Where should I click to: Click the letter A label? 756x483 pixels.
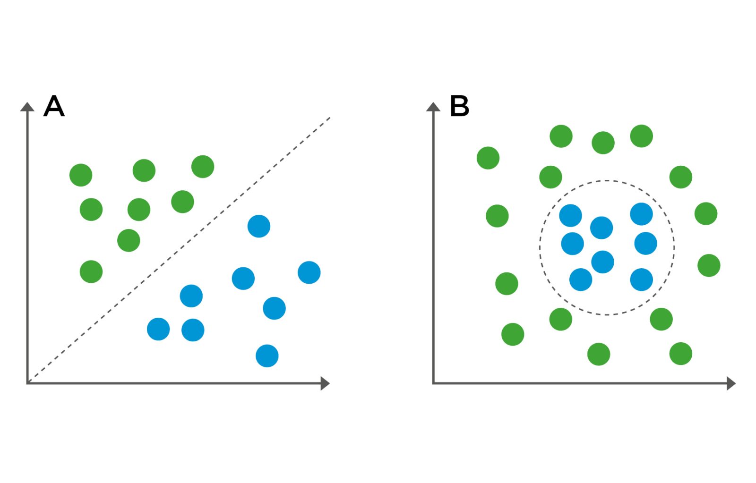click(x=54, y=106)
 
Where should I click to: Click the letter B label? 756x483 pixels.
click(x=459, y=106)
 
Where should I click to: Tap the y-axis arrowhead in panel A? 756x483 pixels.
click(x=27, y=107)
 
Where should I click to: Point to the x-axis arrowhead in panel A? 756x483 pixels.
click(x=325, y=383)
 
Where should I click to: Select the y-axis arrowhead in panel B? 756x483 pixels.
click(x=433, y=107)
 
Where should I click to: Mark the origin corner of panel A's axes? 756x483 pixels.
click(x=28, y=383)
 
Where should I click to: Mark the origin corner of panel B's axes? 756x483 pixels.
click(x=434, y=383)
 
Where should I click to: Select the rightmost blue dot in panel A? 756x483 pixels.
click(x=309, y=272)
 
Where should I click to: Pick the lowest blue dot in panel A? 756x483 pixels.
click(x=267, y=356)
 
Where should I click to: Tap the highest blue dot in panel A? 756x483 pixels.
click(x=259, y=226)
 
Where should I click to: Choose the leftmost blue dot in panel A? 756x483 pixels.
click(x=158, y=329)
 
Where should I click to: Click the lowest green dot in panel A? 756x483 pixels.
click(x=91, y=271)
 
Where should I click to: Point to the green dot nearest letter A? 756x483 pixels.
click(x=81, y=175)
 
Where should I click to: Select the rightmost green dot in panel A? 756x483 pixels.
click(x=203, y=167)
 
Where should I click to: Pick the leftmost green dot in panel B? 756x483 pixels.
click(x=488, y=158)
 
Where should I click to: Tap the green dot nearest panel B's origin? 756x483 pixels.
click(x=513, y=334)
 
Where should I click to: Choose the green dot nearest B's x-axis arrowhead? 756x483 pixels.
click(x=681, y=354)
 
